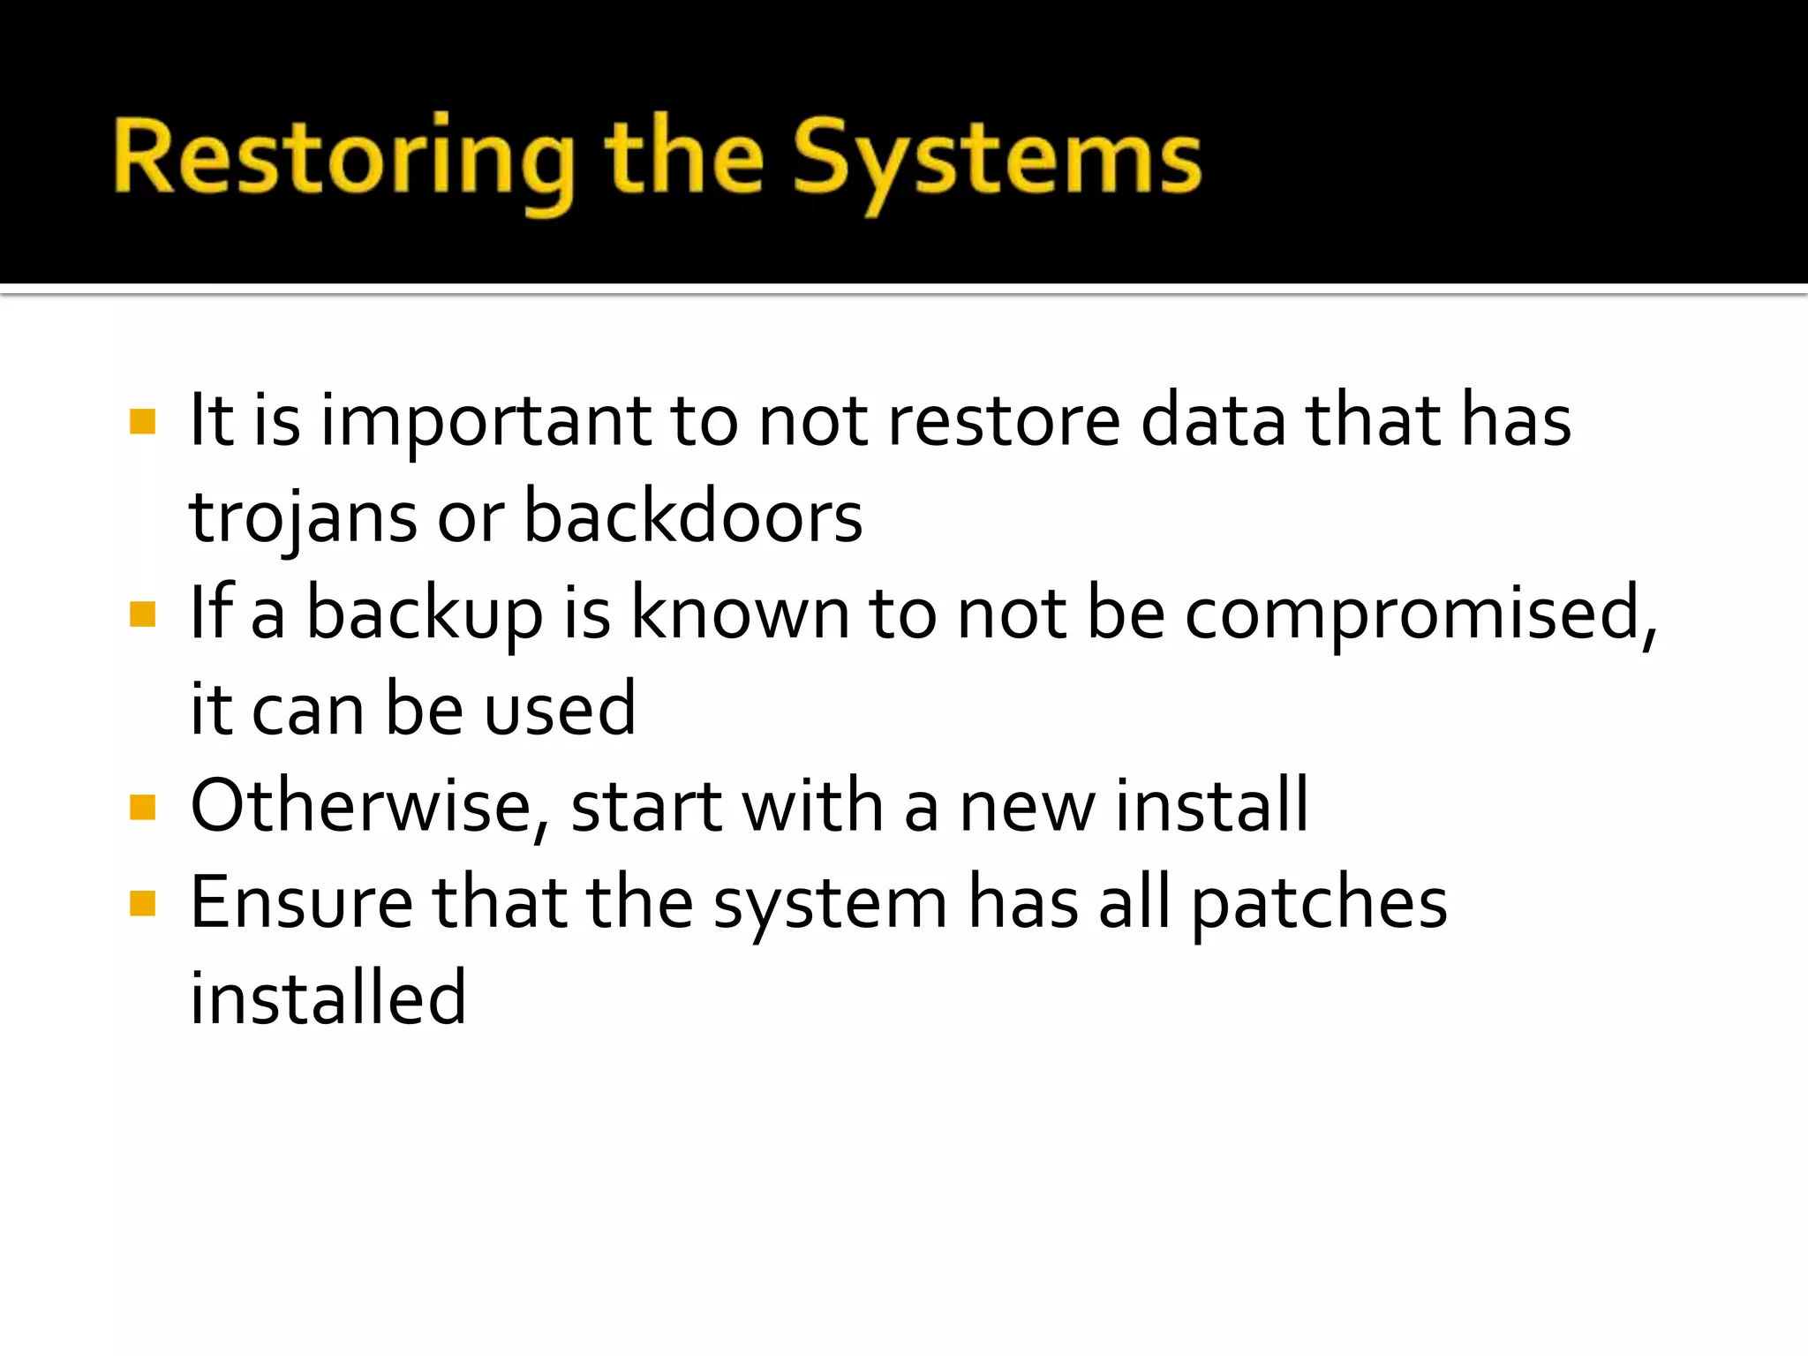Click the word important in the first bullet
click(485, 421)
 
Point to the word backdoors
click(693, 517)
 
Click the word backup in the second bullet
click(424, 614)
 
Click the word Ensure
click(301, 902)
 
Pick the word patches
click(1319, 904)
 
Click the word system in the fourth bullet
click(830, 904)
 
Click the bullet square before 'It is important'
click(142, 421)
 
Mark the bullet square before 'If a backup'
click(142, 614)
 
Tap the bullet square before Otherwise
click(142, 807)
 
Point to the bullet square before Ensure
click(142, 903)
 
